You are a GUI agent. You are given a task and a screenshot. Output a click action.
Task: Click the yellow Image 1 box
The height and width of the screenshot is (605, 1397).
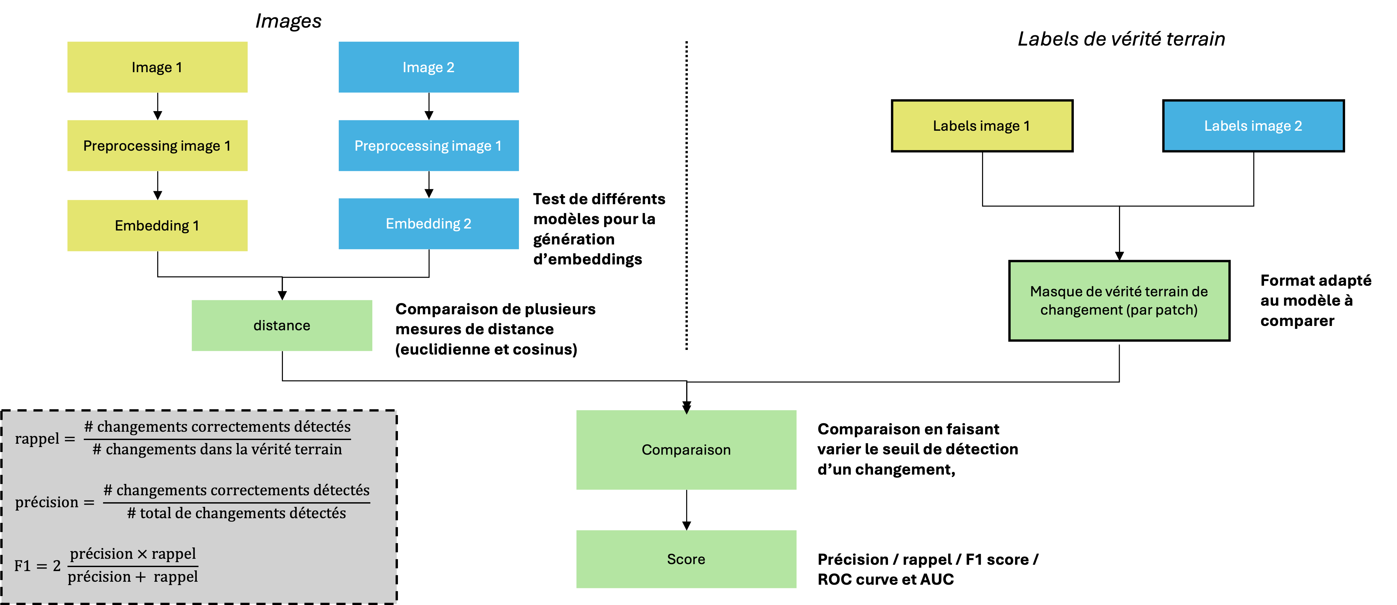pyautogui.click(x=157, y=67)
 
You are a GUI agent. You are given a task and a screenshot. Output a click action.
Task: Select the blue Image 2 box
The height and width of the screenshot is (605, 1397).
pyautogui.click(x=429, y=67)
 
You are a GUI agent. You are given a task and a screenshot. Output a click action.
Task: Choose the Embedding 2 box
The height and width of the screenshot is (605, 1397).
pyautogui.click(x=429, y=224)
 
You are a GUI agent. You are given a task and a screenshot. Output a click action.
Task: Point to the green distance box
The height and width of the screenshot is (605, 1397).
pyautogui.click(x=282, y=326)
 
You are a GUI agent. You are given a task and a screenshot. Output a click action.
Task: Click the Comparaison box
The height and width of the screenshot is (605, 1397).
pyautogui.click(x=686, y=450)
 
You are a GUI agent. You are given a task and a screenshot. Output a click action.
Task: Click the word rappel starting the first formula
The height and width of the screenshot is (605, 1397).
pyautogui.click(x=37, y=438)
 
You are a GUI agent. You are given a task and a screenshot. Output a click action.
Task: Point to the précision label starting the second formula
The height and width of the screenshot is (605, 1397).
pyautogui.click(x=47, y=503)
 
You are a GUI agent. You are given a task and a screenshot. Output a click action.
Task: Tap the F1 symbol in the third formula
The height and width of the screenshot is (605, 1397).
pyautogui.click(x=22, y=566)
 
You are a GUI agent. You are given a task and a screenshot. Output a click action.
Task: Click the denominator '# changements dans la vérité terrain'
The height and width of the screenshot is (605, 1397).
pyautogui.click(x=217, y=449)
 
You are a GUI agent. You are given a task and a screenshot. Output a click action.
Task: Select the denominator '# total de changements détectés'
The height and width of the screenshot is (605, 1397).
pyautogui.click(x=236, y=513)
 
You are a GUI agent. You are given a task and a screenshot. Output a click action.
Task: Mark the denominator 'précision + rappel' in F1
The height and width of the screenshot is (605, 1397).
pyautogui.click(x=133, y=577)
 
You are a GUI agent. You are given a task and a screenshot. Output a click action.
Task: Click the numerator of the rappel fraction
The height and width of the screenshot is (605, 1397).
pyautogui.click(x=217, y=426)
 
